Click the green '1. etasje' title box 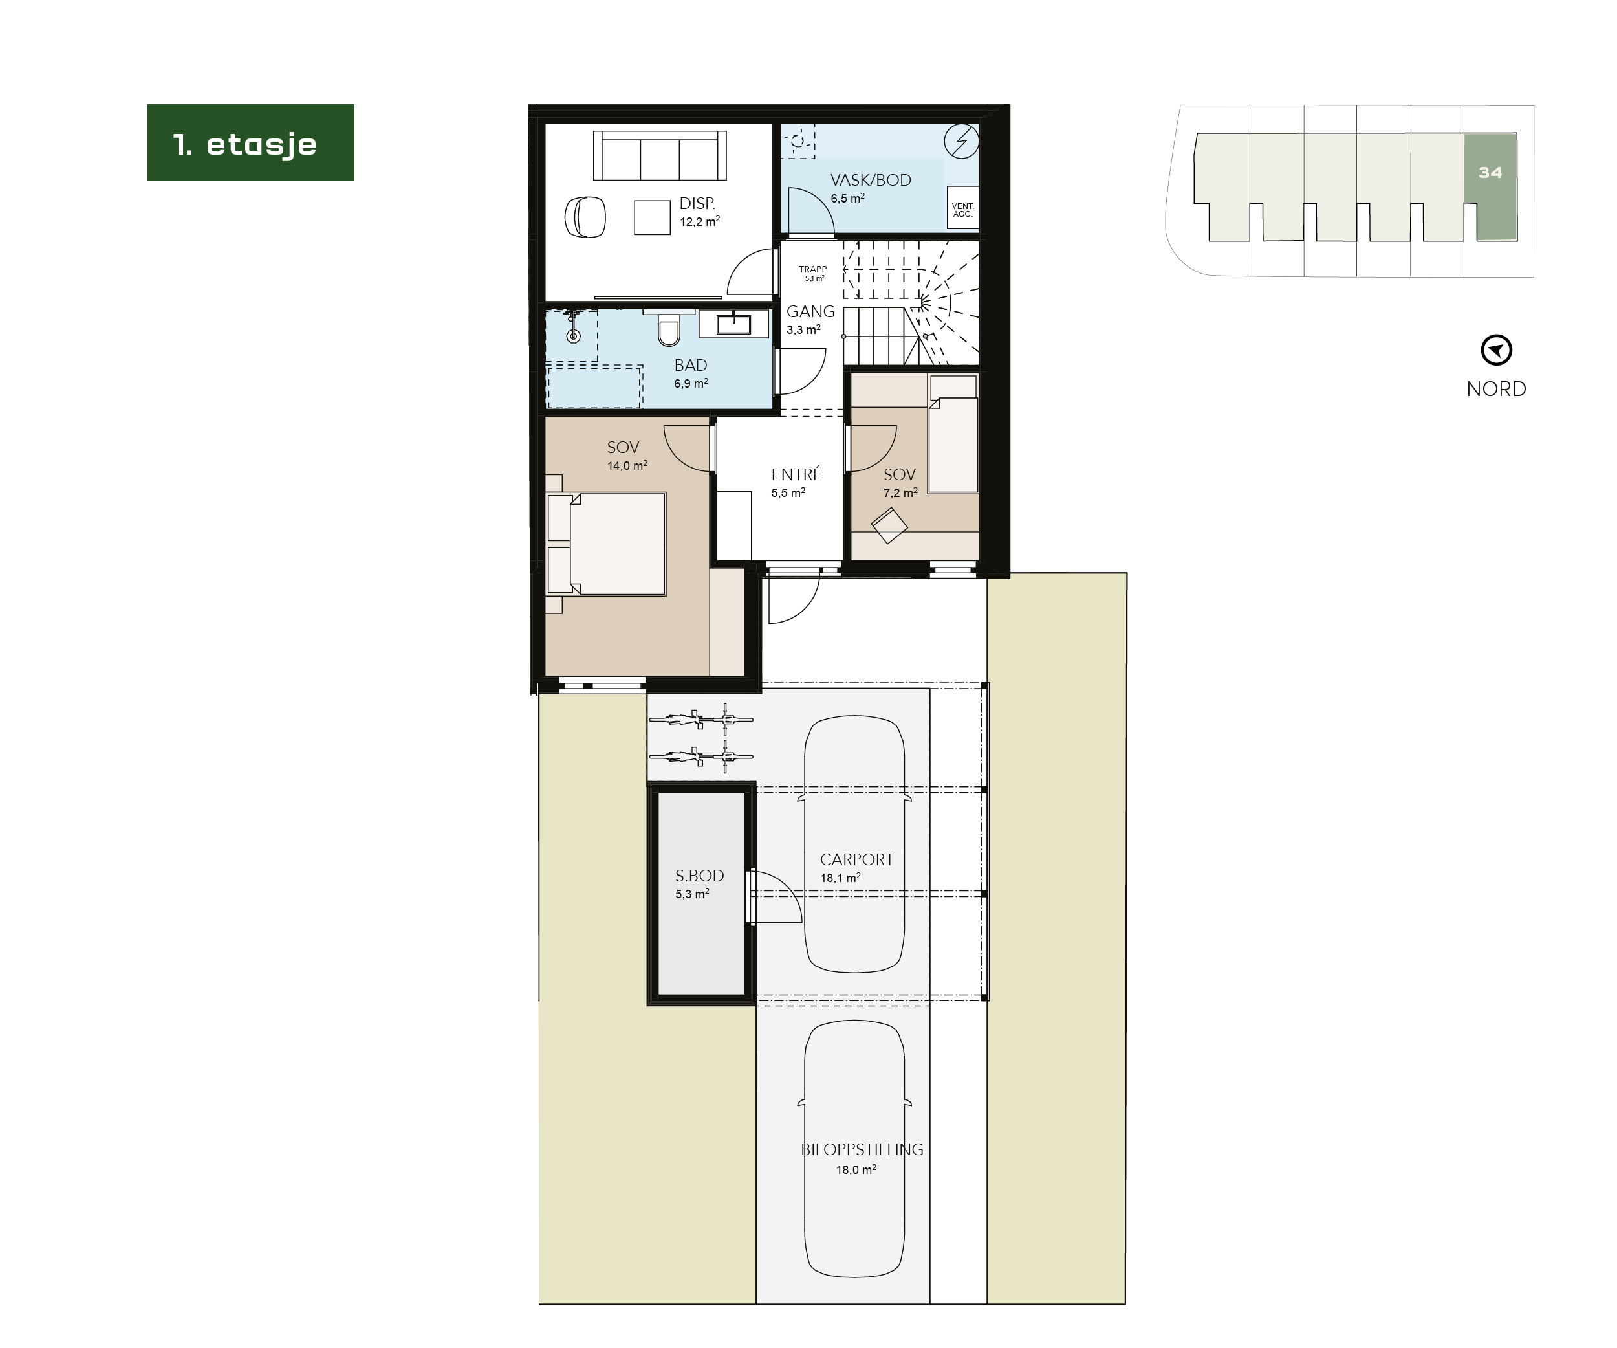click(250, 143)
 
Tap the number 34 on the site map click(1490, 173)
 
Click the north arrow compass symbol click(1496, 351)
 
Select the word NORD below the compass click(1496, 389)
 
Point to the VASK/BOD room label click(870, 181)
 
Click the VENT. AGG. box click(962, 209)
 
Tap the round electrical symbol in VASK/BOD click(961, 141)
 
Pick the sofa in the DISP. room click(660, 155)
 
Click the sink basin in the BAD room click(734, 324)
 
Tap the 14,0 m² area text click(627, 466)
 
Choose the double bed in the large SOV click(616, 544)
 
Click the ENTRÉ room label click(796, 474)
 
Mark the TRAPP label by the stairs click(812, 270)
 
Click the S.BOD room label click(699, 876)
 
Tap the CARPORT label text click(856, 859)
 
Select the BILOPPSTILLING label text click(862, 1150)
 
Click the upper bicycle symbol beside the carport click(700, 720)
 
